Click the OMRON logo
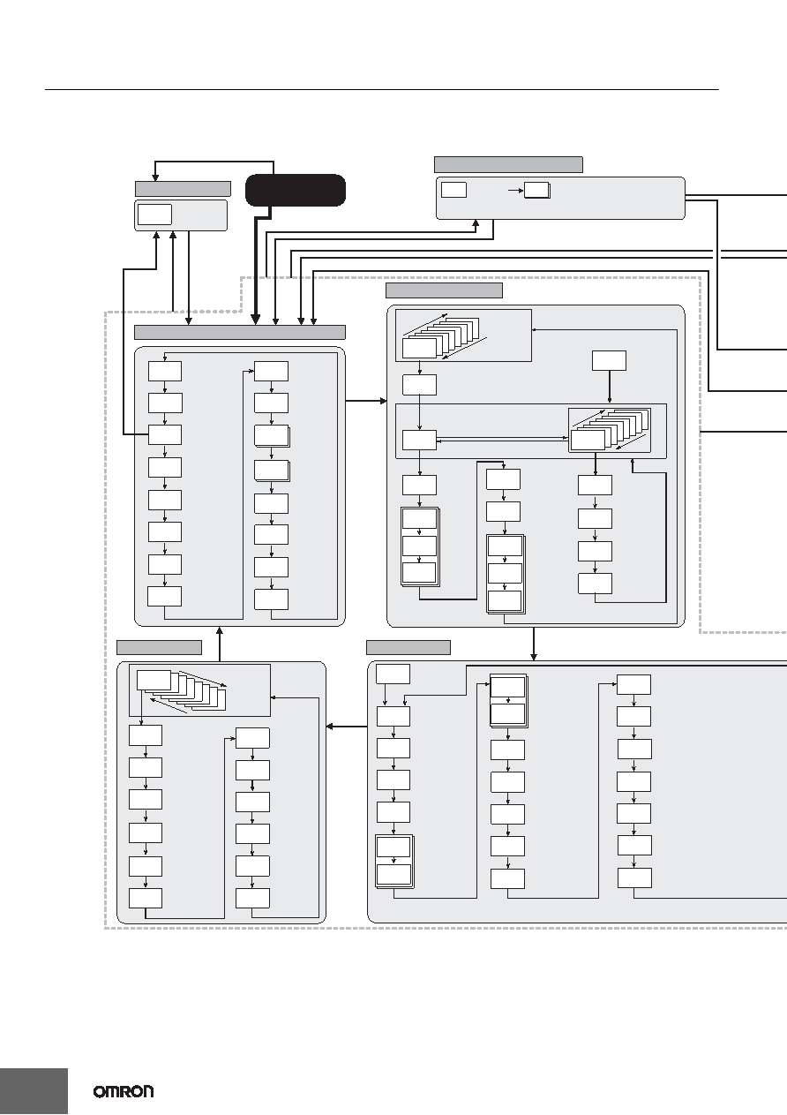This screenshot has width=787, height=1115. [x=124, y=1091]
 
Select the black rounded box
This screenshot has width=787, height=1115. [x=296, y=190]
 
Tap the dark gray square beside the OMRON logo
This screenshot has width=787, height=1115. [x=34, y=1091]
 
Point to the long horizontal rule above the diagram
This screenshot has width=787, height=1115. [x=382, y=89]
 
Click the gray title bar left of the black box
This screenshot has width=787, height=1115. [x=183, y=189]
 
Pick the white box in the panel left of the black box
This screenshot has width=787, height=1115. [x=154, y=215]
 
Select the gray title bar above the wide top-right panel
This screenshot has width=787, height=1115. [x=508, y=164]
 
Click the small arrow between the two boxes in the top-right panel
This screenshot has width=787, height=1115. [x=516, y=190]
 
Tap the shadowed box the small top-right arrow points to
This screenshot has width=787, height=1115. [x=537, y=190]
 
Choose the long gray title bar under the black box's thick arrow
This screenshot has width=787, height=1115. [x=240, y=332]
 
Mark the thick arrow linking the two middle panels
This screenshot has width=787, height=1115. [x=366, y=401]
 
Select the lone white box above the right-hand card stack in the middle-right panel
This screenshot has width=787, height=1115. [x=610, y=360]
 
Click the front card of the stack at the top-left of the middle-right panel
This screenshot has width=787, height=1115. [x=419, y=349]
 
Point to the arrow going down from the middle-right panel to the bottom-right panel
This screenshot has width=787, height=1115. [x=534, y=644]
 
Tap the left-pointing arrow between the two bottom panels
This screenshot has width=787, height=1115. [x=347, y=727]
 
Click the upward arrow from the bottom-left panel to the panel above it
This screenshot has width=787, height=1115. [x=220, y=644]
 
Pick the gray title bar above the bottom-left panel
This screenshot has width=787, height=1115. [x=159, y=648]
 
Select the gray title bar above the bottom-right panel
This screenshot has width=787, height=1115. [x=408, y=648]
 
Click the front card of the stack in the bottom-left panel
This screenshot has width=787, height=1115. [x=154, y=680]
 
